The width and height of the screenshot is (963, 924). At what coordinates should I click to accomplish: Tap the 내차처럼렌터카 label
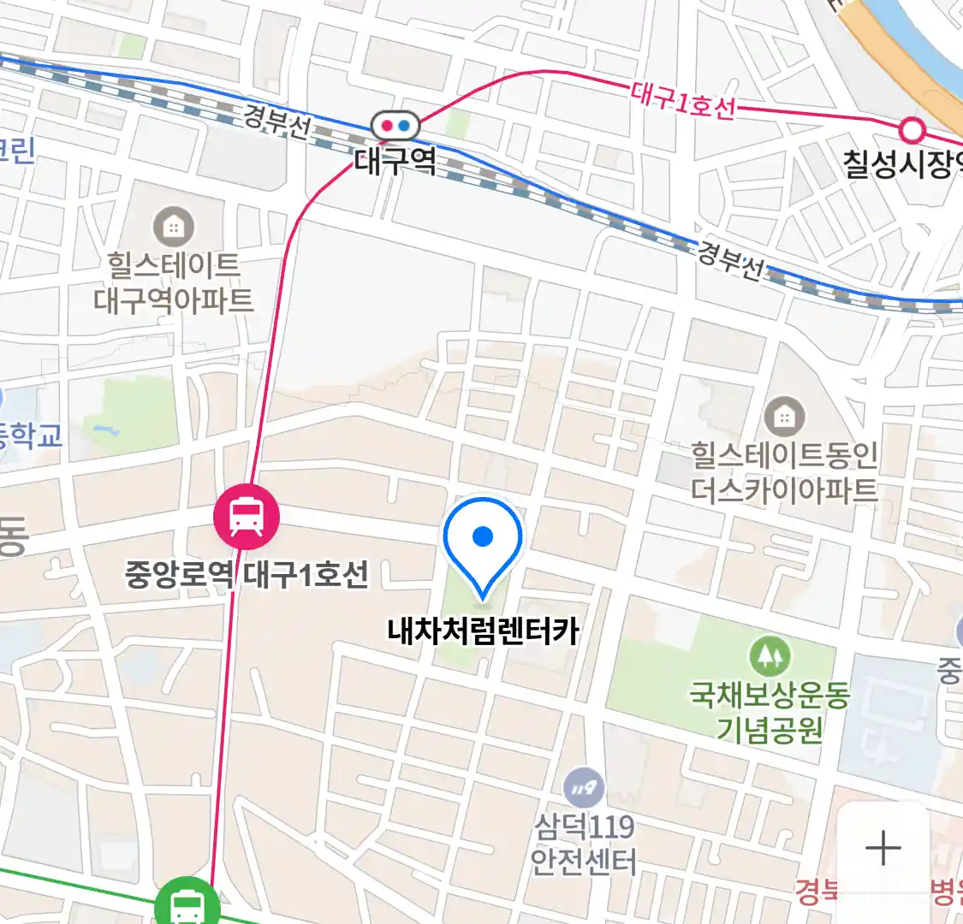pyautogui.click(x=483, y=632)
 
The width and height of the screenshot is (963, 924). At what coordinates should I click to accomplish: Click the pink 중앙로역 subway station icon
pyautogui.click(x=247, y=517)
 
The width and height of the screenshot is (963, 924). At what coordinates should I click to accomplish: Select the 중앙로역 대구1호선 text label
pyautogui.click(x=247, y=573)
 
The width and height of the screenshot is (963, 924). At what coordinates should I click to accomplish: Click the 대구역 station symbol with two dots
pyautogui.click(x=395, y=126)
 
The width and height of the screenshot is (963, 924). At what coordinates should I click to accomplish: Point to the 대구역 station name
pyautogui.click(x=395, y=161)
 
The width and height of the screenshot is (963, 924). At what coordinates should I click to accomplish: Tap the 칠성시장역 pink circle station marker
pyautogui.click(x=913, y=131)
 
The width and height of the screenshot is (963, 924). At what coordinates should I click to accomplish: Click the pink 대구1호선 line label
pyautogui.click(x=683, y=100)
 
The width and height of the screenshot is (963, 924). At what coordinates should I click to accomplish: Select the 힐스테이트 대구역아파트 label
pyautogui.click(x=174, y=282)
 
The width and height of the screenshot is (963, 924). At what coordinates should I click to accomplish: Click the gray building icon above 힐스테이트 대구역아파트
pyautogui.click(x=174, y=227)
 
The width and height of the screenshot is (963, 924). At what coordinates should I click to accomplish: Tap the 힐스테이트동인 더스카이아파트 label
pyautogui.click(x=784, y=471)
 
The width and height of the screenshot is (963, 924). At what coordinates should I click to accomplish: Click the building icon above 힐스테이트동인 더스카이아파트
pyautogui.click(x=784, y=418)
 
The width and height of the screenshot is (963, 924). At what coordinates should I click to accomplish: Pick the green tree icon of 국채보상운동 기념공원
pyautogui.click(x=770, y=657)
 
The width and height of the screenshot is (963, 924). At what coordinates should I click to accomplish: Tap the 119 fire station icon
pyautogui.click(x=584, y=789)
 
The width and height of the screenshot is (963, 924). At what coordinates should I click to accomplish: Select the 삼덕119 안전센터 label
pyautogui.click(x=584, y=844)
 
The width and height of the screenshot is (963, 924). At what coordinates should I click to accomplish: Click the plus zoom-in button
pyautogui.click(x=883, y=849)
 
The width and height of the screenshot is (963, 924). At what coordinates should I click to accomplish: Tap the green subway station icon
pyautogui.click(x=186, y=903)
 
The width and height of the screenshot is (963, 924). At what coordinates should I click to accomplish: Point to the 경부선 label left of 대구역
pyautogui.click(x=276, y=121)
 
